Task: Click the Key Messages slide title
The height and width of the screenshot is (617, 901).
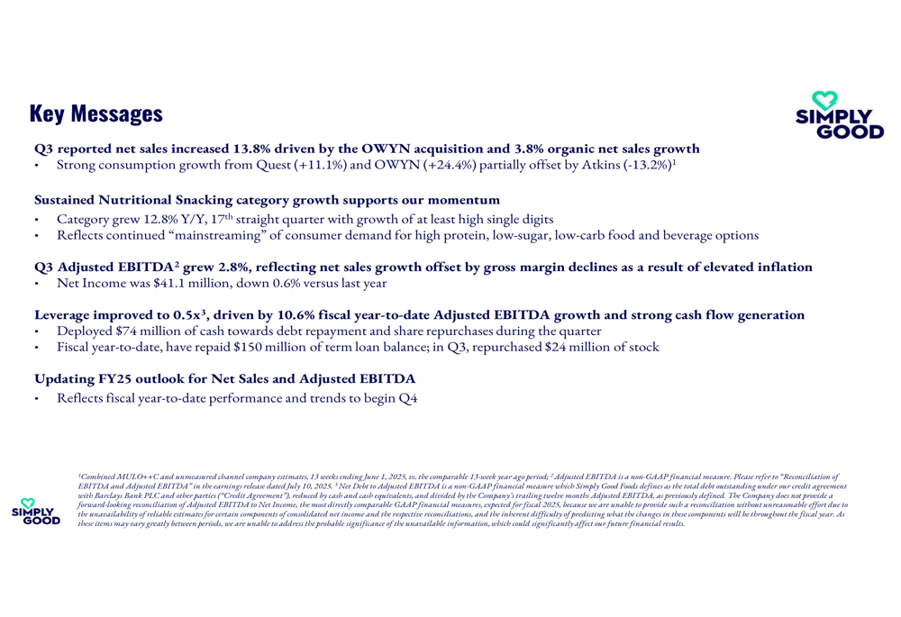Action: [x=96, y=113]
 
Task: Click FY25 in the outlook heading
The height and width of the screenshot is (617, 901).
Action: [x=117, y=380]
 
